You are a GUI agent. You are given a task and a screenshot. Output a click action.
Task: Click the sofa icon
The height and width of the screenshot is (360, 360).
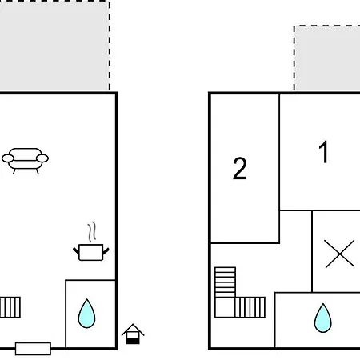click(25, 161)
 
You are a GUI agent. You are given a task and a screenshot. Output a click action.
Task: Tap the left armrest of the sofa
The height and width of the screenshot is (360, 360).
click(8, 158)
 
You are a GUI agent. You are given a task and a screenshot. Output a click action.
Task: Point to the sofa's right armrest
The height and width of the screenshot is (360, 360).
click(42, 158)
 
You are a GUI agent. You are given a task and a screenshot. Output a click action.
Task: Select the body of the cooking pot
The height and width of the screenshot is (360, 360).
click(91, 252)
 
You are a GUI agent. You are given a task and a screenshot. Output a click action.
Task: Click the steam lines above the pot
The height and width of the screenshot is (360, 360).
click(92, 232)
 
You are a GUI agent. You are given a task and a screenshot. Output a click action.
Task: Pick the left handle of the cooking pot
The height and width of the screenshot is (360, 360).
click(76, 250)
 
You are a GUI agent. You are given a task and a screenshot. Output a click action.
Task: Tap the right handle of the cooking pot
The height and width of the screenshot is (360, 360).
click(106, 250)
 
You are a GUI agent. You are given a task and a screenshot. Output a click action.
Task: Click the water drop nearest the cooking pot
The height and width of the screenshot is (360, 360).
click(86, 314)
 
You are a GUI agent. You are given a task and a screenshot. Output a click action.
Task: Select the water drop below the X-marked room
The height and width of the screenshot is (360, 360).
click(323, 318)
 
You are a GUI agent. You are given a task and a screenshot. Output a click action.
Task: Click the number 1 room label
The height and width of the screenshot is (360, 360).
click(324, 152)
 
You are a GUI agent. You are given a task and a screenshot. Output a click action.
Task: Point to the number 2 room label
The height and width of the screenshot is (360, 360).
click(240, 168)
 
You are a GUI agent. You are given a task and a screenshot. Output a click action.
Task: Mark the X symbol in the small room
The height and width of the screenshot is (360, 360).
click(340, 254)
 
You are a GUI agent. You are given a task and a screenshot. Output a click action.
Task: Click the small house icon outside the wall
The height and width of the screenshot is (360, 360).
click(133, 334)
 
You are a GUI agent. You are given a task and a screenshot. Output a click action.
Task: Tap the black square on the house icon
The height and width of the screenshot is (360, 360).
click(133, 341)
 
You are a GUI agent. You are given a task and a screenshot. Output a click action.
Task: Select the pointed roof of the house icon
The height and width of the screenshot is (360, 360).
click(133, 330)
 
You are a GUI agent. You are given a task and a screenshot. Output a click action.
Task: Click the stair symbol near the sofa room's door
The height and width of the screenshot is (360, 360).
click(10, 307)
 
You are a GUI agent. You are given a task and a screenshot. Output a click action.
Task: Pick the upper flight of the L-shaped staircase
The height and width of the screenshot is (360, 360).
click(225, 282)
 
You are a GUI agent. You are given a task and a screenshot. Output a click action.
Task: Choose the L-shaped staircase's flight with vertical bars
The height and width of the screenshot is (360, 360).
click(250, 307)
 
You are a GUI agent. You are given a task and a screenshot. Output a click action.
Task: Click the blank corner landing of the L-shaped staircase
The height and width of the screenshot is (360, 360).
click(225, 307)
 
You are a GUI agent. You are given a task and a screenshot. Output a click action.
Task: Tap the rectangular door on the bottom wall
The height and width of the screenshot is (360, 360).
click(33, 349)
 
